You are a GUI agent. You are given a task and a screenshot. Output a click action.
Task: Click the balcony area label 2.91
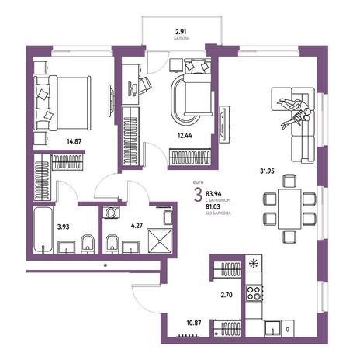pyautogui.click(x=181, y=32)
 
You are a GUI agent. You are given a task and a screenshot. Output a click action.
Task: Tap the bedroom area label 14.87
pyautogui.click(x=74, y=141)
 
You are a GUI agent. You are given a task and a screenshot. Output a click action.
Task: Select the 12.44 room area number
pyautogui.click(x=185, y=135)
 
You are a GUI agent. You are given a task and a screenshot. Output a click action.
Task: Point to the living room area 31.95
pyautogui.click(x=267, y=171)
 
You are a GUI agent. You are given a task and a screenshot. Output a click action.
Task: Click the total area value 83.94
pyautogui.click(x=213, y=193)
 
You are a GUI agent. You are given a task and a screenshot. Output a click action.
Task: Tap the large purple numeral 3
pyautogui.click(x=198, y=196)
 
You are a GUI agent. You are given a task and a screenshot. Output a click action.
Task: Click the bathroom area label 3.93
pyautogui.click(x=64, y=227)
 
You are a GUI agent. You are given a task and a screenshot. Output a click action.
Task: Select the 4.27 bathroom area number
pyautogui.click(x=137, y=226)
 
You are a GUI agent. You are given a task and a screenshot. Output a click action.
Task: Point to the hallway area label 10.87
pyautogui.click(x=194, y=323)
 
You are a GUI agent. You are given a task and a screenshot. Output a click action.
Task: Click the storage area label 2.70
pyautogui.click(x=227, y=295)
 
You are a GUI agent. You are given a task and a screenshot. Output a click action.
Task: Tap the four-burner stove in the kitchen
pyautogui.click(x=254, y=293)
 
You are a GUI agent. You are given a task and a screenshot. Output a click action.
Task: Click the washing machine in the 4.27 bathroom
pyautogui.click(x=111, y=213)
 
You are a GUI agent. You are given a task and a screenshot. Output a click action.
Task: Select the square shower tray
pyautogui.click(x=160, y=241)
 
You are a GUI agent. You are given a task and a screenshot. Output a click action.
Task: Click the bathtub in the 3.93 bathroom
pyautogui.click(x=43, y=230)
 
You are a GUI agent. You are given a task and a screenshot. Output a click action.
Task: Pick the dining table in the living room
pyautogui.click(x=289, y=209)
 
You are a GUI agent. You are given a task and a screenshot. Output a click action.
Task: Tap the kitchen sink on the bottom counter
pyautogui.click(x=272, y=328)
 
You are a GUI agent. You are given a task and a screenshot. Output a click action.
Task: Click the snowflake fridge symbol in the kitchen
pyautogui.click(x=254, y=263)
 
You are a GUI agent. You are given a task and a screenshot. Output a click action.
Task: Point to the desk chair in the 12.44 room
pyautogui.click(x=144, y=85)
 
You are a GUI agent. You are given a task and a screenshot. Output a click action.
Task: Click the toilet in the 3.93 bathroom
pyautogui.click(x=88, y=244)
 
